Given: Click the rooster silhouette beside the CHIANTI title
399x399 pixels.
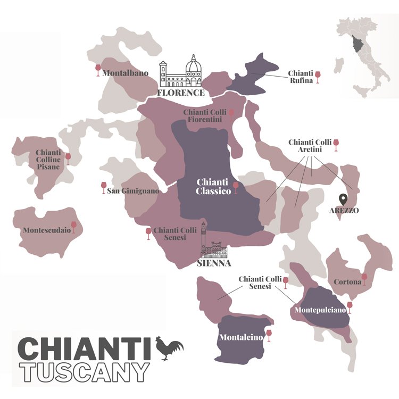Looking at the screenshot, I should pyautogui.click(x=170, y=348).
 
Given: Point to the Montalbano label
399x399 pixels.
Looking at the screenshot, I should pyautogui.click(x=126, y=73).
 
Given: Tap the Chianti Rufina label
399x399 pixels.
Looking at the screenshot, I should pyautogui.click(x=300, y=77).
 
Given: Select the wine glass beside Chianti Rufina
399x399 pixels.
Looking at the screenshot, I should pyautogui.click(x=318, y=77).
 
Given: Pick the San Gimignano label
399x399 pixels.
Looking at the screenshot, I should pyautogui.click(x=132, y=191).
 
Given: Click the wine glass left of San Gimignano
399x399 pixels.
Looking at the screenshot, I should pyautogui.click(x=104, y=187).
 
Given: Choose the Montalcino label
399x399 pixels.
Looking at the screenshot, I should pyautogui.click(x=242, y=337).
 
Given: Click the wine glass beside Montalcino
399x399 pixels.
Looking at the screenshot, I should pyautogui.click(x=269, y=335).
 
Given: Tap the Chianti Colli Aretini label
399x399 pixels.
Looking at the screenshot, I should pyautogui.click(x=310, y=146).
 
